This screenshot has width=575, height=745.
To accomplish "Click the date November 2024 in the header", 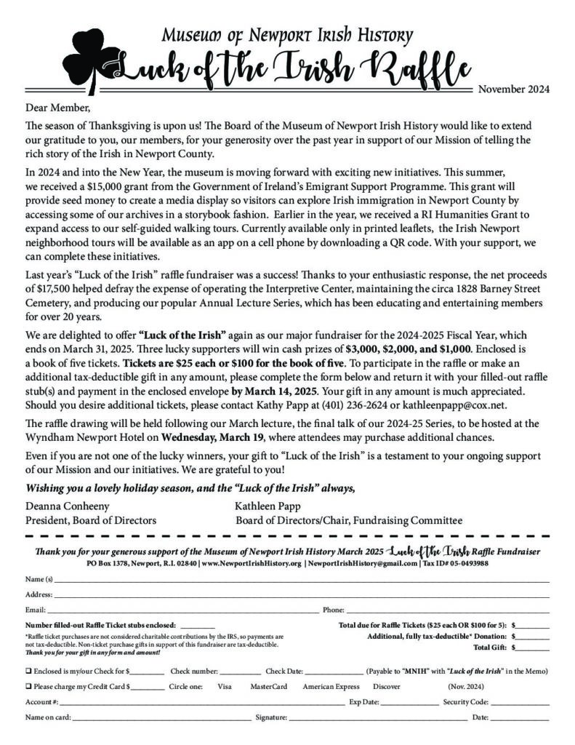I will pyautogui.click(x=513, y=90).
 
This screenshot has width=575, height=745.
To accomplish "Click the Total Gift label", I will pyautogui.click(x=491, y=647).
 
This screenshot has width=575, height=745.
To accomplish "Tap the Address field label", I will pyautogui.click(x=38, y=594).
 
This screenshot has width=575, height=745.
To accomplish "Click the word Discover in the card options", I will pyautogui.click(x=386, y=686).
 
